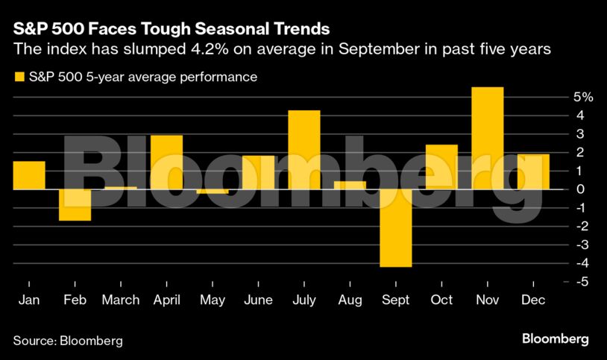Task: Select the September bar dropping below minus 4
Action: [x=396, y=227]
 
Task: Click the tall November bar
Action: [x=488, y=138]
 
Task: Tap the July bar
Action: [x=304, y=150]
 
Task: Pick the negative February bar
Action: [x=75, y=205]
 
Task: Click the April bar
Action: [x=166, y=162]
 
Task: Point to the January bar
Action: [x=29, y=175]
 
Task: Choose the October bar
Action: [x=441, y=167]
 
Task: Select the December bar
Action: [x=533, y=171]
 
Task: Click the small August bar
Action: [x=350, y=185]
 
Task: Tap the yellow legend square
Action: [x=17, y=77]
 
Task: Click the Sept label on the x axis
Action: [x=396, y=300]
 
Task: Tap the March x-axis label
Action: [x=121, y=300]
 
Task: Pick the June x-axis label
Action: [x=258, y=300]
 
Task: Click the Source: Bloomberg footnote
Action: [x=68, y=340]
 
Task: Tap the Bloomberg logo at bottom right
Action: [x=555, y=339]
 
